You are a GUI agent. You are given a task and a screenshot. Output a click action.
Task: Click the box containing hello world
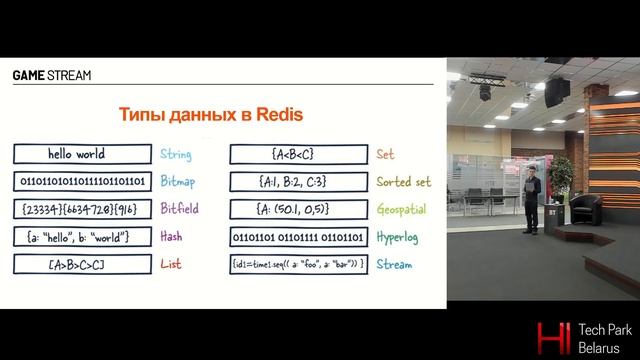pos(82,154)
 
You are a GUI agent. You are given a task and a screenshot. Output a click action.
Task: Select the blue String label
pos(176,155)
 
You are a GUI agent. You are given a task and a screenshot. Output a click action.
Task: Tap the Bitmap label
pos(178,182)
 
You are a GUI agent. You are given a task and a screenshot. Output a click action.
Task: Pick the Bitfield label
pos(180,209)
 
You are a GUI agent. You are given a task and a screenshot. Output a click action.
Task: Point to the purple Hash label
pos(171,237)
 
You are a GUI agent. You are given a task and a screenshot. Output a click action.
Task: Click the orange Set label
pos(385,155)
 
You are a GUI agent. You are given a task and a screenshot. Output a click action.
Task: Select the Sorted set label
pos(403,182)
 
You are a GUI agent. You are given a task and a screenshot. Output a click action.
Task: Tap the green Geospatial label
pos(405,210)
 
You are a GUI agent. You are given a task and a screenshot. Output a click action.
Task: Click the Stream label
pos(394,264)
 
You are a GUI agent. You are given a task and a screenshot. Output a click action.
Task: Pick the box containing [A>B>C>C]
pos(82,264)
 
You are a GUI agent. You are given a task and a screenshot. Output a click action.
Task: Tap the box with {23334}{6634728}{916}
pos(82,209)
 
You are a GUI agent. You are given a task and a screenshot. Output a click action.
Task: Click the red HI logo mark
pos(550,336)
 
